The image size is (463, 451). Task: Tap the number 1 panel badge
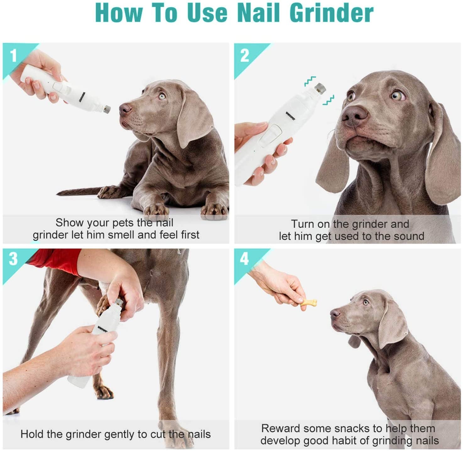pos(14,56)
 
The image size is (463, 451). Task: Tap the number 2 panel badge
pos(244,56)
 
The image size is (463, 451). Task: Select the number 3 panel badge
pos(14,259)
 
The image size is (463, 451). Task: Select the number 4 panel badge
pos(244,259)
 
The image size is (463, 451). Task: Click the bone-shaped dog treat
pos(308,303)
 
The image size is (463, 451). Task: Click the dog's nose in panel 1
pos(125,109)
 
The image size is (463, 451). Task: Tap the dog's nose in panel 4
pos(335,313)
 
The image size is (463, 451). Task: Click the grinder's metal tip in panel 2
pos(320,88)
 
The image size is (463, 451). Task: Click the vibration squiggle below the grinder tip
pos(329,100)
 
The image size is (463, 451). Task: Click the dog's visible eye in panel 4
pos(366,302)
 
